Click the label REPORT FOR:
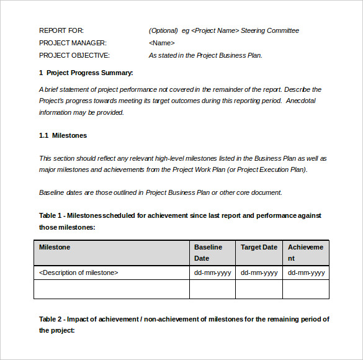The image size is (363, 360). (x=61, y=30)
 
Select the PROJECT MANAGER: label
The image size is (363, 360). (x=73, y=43)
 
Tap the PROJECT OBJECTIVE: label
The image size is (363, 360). (x=74, y=55)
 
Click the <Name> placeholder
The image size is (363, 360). (x=162, y=43)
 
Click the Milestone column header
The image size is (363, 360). (x=55, y=247)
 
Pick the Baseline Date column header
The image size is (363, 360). (x=208, y=253)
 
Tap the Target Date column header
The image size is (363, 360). (x=259, y=247)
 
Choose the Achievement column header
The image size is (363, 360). (x=305, y=253)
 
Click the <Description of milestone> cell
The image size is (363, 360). (x=78, y=272)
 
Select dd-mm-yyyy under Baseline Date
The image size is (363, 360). (x=212, y=272)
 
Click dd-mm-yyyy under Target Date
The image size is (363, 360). (x=259, y=272)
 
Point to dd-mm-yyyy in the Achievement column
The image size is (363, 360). (x=306, y=272)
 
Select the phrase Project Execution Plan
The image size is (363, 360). (x=271, y=169)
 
